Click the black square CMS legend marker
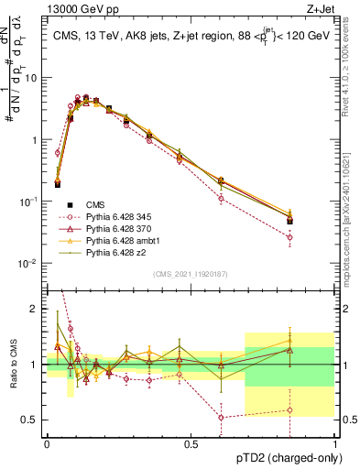(68, 204)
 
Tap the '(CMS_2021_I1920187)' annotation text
(190, 273)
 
